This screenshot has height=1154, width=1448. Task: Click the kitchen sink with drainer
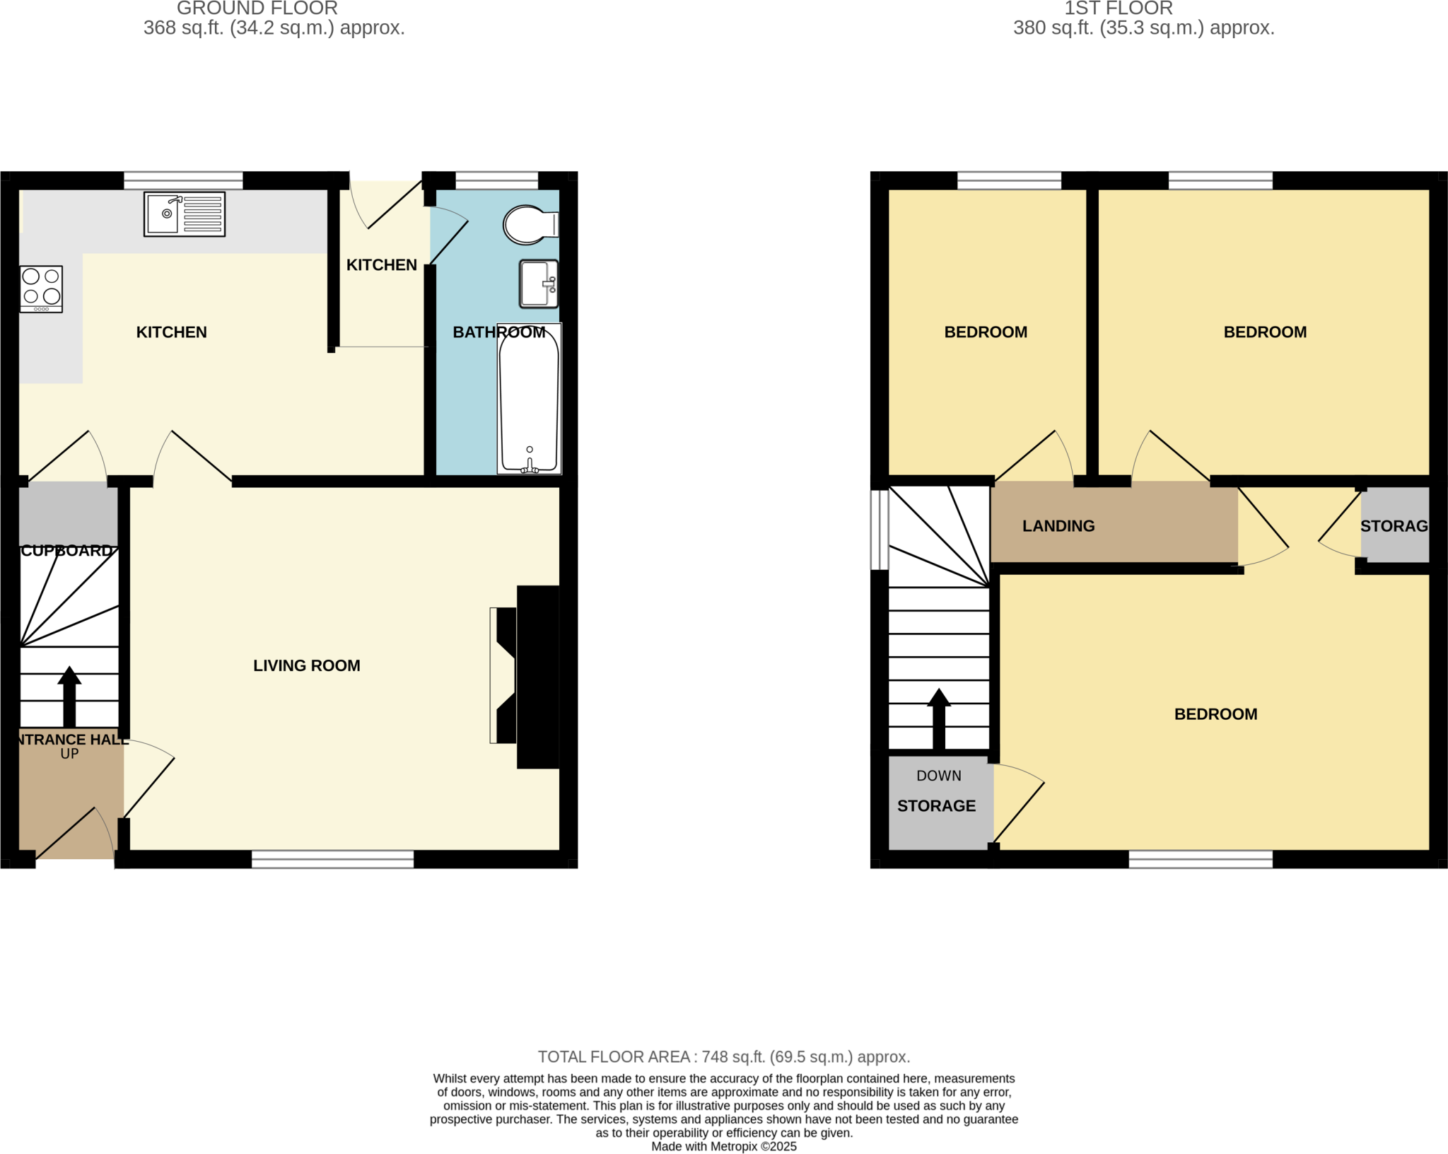pyautogui.click(x=185, y=214)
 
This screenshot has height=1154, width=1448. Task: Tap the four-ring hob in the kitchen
pyautogui.click(x=41, y=288)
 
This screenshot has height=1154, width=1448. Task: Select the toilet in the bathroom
pyautogui.click(x=529, y=225)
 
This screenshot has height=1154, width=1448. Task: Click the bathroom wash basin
pyautogui.click(x=538, y=284)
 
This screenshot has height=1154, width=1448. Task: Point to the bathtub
pyautogui.click(x=529, y=400)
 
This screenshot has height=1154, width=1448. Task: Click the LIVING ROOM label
pyautogui.click(x=307, y=665)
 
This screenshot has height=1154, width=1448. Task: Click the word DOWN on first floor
pyautogui.click(x=938, y=776)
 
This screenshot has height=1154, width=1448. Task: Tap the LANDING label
pyautogui.click(x=1058, y=526)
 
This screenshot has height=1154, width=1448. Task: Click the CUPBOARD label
pyautogui.click(x=66, y=551)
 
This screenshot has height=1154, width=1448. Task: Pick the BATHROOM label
pyautogui.click(x=498, y=332)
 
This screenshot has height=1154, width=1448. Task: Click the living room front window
pyautogui.click(x=332, y=859)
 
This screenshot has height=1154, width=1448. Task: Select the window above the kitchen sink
pyautogui.click(x=183, y=180)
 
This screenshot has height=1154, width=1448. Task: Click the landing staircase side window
pyautogui.click(x=879, y=529)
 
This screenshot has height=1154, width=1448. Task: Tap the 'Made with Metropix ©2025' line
pyautogui.click(x=723, y=1146)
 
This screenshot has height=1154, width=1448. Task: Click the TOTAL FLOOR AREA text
pyautogui.click(x=723, y=1056)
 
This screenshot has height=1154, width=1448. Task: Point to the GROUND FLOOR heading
pyautogui.click(x=257, y=8)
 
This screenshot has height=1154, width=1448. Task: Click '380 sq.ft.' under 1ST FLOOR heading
pyautogui.click(x=1053, y=28)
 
